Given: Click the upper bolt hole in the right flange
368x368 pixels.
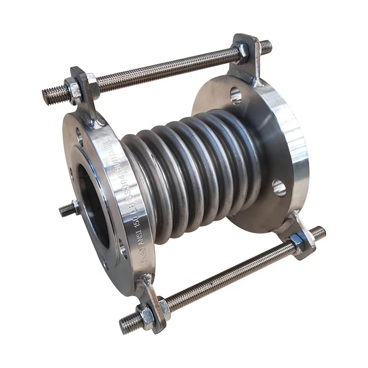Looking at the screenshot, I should [x=236, y=96].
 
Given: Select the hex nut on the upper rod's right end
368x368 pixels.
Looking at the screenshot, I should [x=242, y=53].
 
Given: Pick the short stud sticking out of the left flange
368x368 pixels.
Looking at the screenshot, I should [x=67, y=210].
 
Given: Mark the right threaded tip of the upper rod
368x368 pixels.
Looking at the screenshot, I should [x=266, y=47].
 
